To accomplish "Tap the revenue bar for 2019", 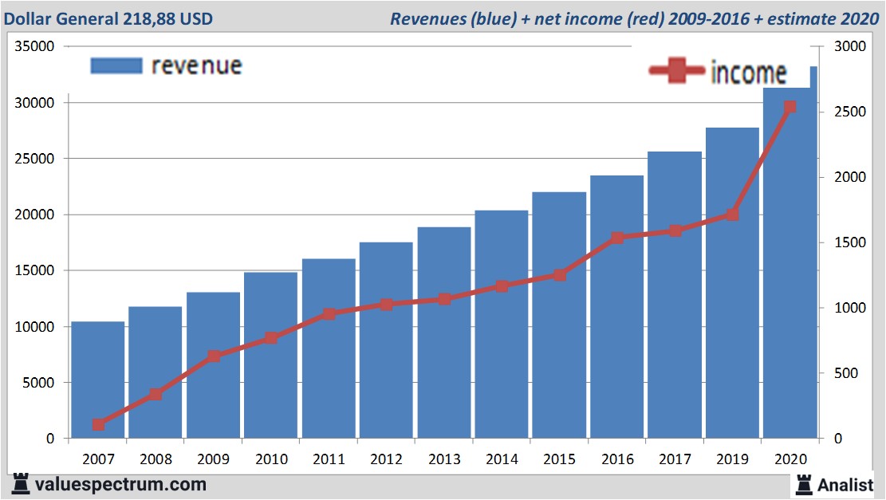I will click(x=732, y=283).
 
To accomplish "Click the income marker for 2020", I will click(x=790, y=107).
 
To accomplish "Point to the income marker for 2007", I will click(x=98, y=424).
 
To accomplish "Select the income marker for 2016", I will click(x=617, y=238).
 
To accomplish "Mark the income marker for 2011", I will click(x=329, y=314).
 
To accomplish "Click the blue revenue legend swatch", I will click(x=116, y=65).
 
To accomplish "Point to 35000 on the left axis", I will click(x=34, y=46).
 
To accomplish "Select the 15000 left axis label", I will click(x=34, y=270).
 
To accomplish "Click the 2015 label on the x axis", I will click(x=559, y=459).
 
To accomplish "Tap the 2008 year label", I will click(x=156, y=459).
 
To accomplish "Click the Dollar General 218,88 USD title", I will click(x=108, y=18).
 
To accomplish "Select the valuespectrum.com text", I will click(x=120, y=484).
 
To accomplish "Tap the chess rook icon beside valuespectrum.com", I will click(x=19, y=484).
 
